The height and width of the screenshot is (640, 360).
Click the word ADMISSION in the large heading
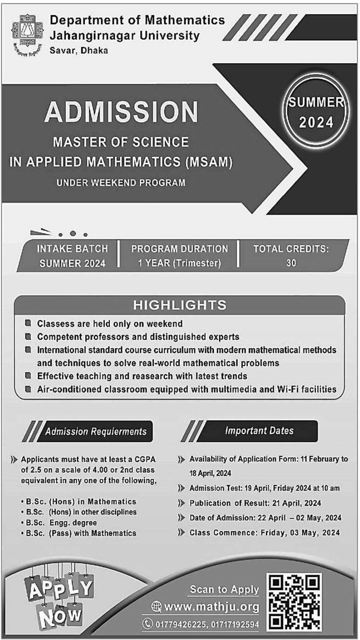(x=121, y=112)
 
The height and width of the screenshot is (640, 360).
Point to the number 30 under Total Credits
(x=291, y=263)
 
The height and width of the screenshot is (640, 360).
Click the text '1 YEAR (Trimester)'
(x=180, y=263)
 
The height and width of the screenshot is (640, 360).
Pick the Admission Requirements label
(x=96, y=431)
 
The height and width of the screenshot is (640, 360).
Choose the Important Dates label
(x=259, y=431)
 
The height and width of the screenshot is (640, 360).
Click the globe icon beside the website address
(x=156, y=606)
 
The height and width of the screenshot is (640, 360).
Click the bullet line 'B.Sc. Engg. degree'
(x=61, y=523)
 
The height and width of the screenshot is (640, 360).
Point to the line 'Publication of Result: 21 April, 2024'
(x=255, y=503)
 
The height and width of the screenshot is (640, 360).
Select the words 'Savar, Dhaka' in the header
(x=79, y=51)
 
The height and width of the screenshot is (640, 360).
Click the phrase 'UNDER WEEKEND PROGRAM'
(x=121, y=183)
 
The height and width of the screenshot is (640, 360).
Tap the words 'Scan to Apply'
(x=224, y=589)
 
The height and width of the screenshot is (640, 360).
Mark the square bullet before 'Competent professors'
(x=28, y=336)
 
